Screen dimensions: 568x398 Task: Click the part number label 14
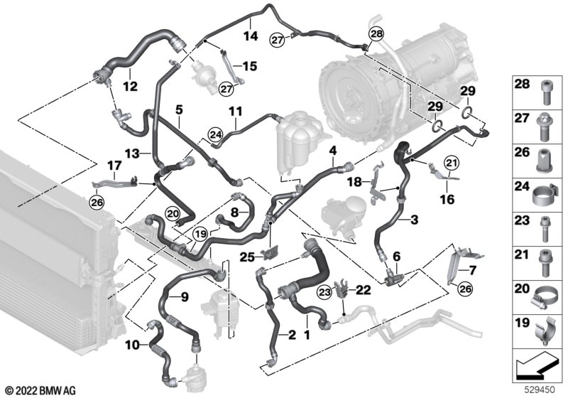[x=251, y=36]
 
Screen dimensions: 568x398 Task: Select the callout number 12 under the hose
[x=131, y=86]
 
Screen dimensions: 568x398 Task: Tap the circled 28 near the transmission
[x=376, y=34]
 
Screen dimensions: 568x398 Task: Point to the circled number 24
[x=216, y=135]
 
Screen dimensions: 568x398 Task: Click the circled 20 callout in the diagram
[x=173, y=214]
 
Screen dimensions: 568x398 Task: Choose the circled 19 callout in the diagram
[x=200, y=234]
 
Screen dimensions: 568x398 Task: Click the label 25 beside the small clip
[x=247, y=257]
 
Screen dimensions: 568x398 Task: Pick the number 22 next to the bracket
[x=364, y=290]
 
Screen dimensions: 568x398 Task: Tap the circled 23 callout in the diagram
[x=324, y=292]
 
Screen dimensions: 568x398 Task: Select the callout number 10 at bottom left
[x=132, y=345]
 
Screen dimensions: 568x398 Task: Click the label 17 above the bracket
[x=114, y=166]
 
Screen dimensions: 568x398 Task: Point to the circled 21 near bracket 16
[x=452, y=163]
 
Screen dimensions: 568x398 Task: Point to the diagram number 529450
[x=540, y=390]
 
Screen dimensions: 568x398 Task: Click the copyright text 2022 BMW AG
[x=41, y=391]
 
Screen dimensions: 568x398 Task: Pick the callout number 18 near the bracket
[x=355, y=182]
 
